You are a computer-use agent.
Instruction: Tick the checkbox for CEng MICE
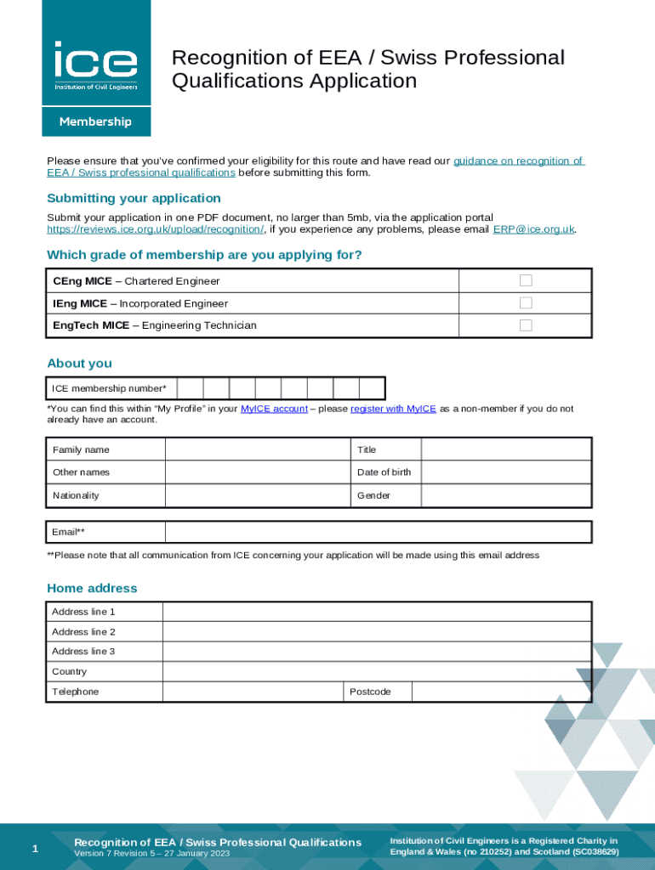[x=526, y=280]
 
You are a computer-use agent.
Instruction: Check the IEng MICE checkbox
[x=526, y=303]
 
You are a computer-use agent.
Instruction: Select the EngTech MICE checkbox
[x=526, y=325]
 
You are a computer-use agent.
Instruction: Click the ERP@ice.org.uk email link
[x=533, y=229]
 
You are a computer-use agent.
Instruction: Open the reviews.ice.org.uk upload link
[x=155, y=229]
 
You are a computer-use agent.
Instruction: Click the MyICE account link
[x=274, y=409]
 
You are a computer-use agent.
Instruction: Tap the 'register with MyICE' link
[x=393, y=409]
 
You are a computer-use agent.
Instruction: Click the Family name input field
[x=257, y=449]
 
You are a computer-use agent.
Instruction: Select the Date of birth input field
[x=506, y=472]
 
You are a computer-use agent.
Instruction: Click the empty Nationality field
[x=257, y=495]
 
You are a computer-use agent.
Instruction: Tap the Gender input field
[x=506, y=495]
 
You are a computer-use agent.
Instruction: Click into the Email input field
[x=378, y=533]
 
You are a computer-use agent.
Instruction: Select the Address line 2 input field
[x=376, y=632]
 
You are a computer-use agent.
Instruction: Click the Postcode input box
[x=501, y=692]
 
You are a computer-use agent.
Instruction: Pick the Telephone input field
[x=253, y=692]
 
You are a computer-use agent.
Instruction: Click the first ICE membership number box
[x=191, y=388]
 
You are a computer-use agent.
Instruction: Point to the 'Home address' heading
[x=92, y=588]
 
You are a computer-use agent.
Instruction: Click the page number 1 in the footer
[x=34, y=849]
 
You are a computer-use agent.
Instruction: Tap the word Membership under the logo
[x=95, y=121]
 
